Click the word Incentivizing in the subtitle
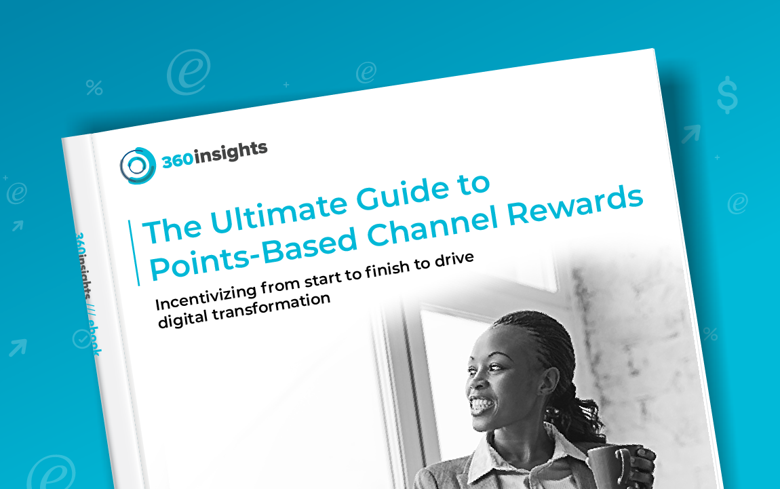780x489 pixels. coord(203,293)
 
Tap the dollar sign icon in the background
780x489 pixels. coord(727,94)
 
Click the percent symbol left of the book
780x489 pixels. coord(94,87)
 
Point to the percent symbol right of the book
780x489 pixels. coord(710,334)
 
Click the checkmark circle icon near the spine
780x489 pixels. coord(81,337)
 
